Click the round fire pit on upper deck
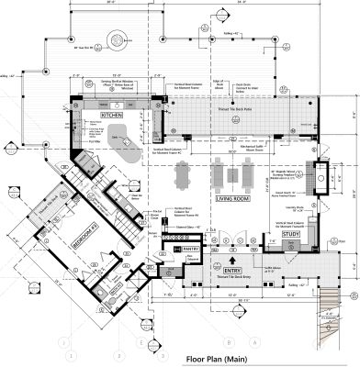click(116, 38)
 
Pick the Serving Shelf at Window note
click(116, 82)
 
